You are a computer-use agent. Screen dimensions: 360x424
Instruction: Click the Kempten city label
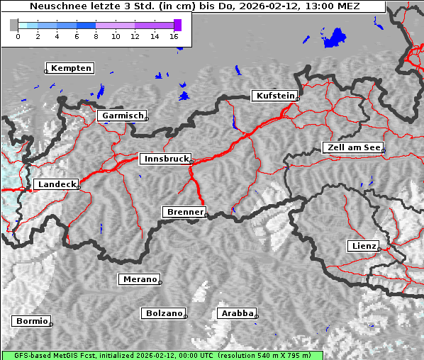(x=72, y=68)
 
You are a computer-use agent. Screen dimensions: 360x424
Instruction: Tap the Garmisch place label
(x=123, y=116)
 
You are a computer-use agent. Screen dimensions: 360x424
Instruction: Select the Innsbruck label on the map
(x=165, y=159)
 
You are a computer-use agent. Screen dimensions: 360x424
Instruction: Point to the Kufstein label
(x=275, y=96)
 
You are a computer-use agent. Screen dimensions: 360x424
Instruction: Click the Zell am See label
(x=352, y=147)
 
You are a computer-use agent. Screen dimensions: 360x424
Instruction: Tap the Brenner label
(x=184, y=212)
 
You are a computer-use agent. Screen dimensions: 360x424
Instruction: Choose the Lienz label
(x=364, y=246)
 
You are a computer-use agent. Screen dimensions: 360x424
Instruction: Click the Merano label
(x=139, y=279)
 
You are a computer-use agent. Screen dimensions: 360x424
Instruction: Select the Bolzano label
(x=164, y=313)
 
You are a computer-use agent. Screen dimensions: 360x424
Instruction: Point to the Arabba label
(x=236, y=313)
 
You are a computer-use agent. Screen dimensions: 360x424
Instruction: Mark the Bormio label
(x=32, y=321)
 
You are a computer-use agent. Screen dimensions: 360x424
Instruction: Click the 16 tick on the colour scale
(x=174, y=35)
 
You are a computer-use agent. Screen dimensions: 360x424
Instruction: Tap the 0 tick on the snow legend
(x=18, y=35)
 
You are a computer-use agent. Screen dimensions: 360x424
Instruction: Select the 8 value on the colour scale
(x=96, y=35)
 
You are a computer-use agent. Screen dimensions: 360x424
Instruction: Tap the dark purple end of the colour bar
(x=177, y=25)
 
